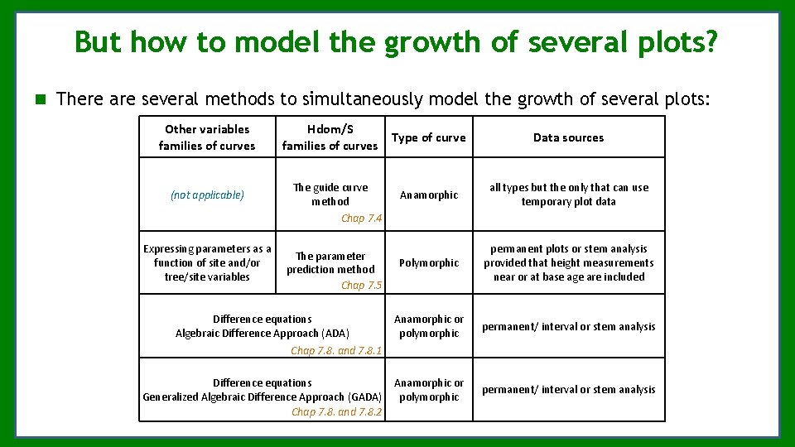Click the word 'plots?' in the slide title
[676, 41]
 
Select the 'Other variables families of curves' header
[207, 137]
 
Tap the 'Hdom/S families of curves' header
[330, 137]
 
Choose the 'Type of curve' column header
[428, 137]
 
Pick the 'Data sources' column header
[568, 137]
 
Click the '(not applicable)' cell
[207, 195]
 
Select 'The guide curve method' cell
[330, 195]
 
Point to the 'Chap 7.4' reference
[361, 219]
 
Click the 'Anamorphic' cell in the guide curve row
[428, 195]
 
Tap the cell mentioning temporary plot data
[568, 195]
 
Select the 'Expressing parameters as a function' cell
[207, 262]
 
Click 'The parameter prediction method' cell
[330, 262]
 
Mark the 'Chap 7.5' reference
[361, 285]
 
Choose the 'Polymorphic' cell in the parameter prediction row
[428, 263]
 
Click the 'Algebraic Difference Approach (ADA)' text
[263, 334]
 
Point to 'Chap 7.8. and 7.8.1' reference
[336, 351]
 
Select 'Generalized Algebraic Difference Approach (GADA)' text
[263, 397]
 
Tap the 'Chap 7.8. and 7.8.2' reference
[336, 412]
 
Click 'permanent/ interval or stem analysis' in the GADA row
[568, 390]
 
